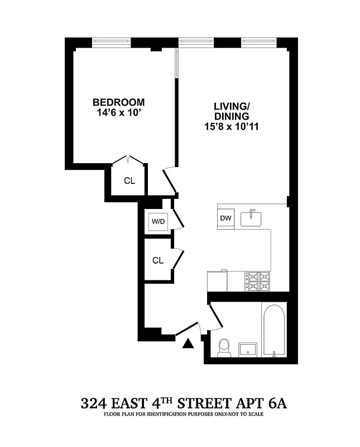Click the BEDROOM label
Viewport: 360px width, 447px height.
(x=118, y=102)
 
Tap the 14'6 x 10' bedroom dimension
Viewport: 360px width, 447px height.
(x=118, y=113)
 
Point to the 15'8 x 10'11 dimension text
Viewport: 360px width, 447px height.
(x=231, y=127)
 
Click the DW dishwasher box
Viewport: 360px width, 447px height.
(x=225, y=218)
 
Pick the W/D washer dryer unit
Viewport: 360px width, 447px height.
(x=158, y=222)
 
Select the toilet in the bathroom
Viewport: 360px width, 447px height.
(x=224, y=347)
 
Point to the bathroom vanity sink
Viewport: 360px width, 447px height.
(x=248, y=350)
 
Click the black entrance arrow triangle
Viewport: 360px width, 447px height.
(x=188, y=343)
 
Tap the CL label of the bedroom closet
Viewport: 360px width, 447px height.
(x=129, y=180)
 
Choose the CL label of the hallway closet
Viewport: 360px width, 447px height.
(x=158, y=260)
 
